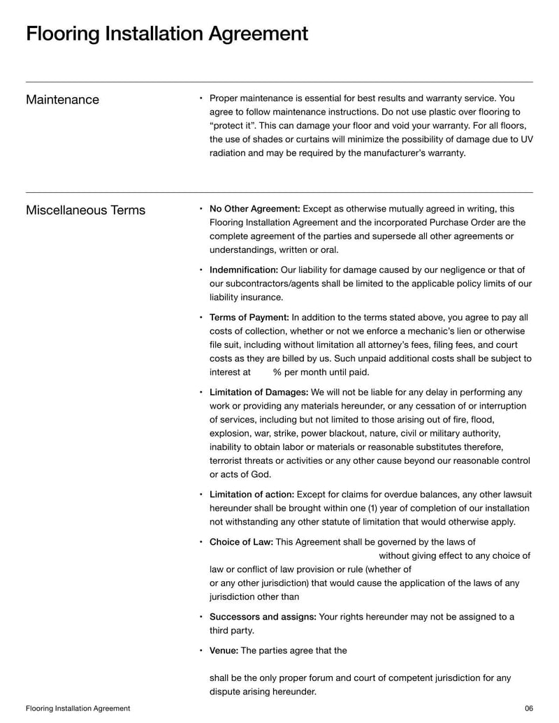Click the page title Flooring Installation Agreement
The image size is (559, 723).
click(166, 34)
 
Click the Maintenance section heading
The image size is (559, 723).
click(62, 100)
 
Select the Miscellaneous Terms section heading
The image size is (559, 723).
click(85, 210)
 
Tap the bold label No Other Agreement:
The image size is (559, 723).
click(254, 209)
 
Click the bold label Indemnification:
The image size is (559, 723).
click(243, 270)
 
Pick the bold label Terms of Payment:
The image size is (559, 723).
click(249, 317)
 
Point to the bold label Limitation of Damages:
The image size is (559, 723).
click(259, 393)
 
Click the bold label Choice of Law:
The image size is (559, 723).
click(241, 542)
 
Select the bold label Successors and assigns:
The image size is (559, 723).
click(263, 617)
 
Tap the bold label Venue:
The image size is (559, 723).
click(224, 650)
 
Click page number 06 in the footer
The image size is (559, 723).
click(528, 708)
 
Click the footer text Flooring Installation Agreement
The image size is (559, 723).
click(78, 708)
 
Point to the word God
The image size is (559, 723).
click(261, 474)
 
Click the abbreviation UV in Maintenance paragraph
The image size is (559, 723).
click(525, 139)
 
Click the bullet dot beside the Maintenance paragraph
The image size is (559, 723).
click(201, 99)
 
